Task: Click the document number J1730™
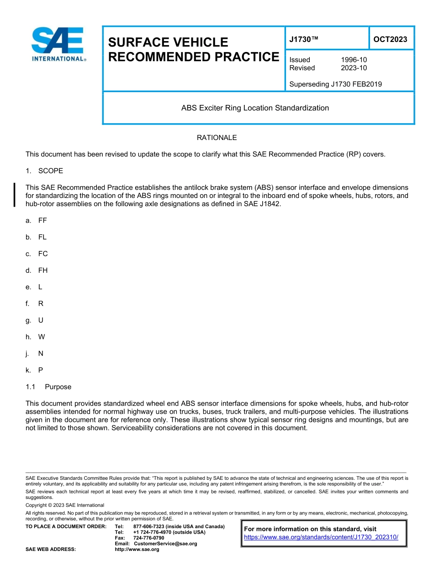(303, 40)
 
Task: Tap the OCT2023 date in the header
(390, 39)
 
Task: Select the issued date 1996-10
(354, 60)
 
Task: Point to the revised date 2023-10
(354, 68)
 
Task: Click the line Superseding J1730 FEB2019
(335, 84)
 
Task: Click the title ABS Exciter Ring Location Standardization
(255, 108)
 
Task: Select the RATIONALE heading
(217, 138)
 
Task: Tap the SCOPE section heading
(50, 171)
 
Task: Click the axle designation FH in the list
(43, 270)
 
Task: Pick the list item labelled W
(42, 337)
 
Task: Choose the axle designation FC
(43, 254)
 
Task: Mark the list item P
(41, 370)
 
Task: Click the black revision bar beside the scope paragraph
(15, 195)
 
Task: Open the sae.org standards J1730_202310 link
(321, 537)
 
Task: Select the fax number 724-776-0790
(148, 538)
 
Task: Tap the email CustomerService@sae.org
(165, 544)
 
